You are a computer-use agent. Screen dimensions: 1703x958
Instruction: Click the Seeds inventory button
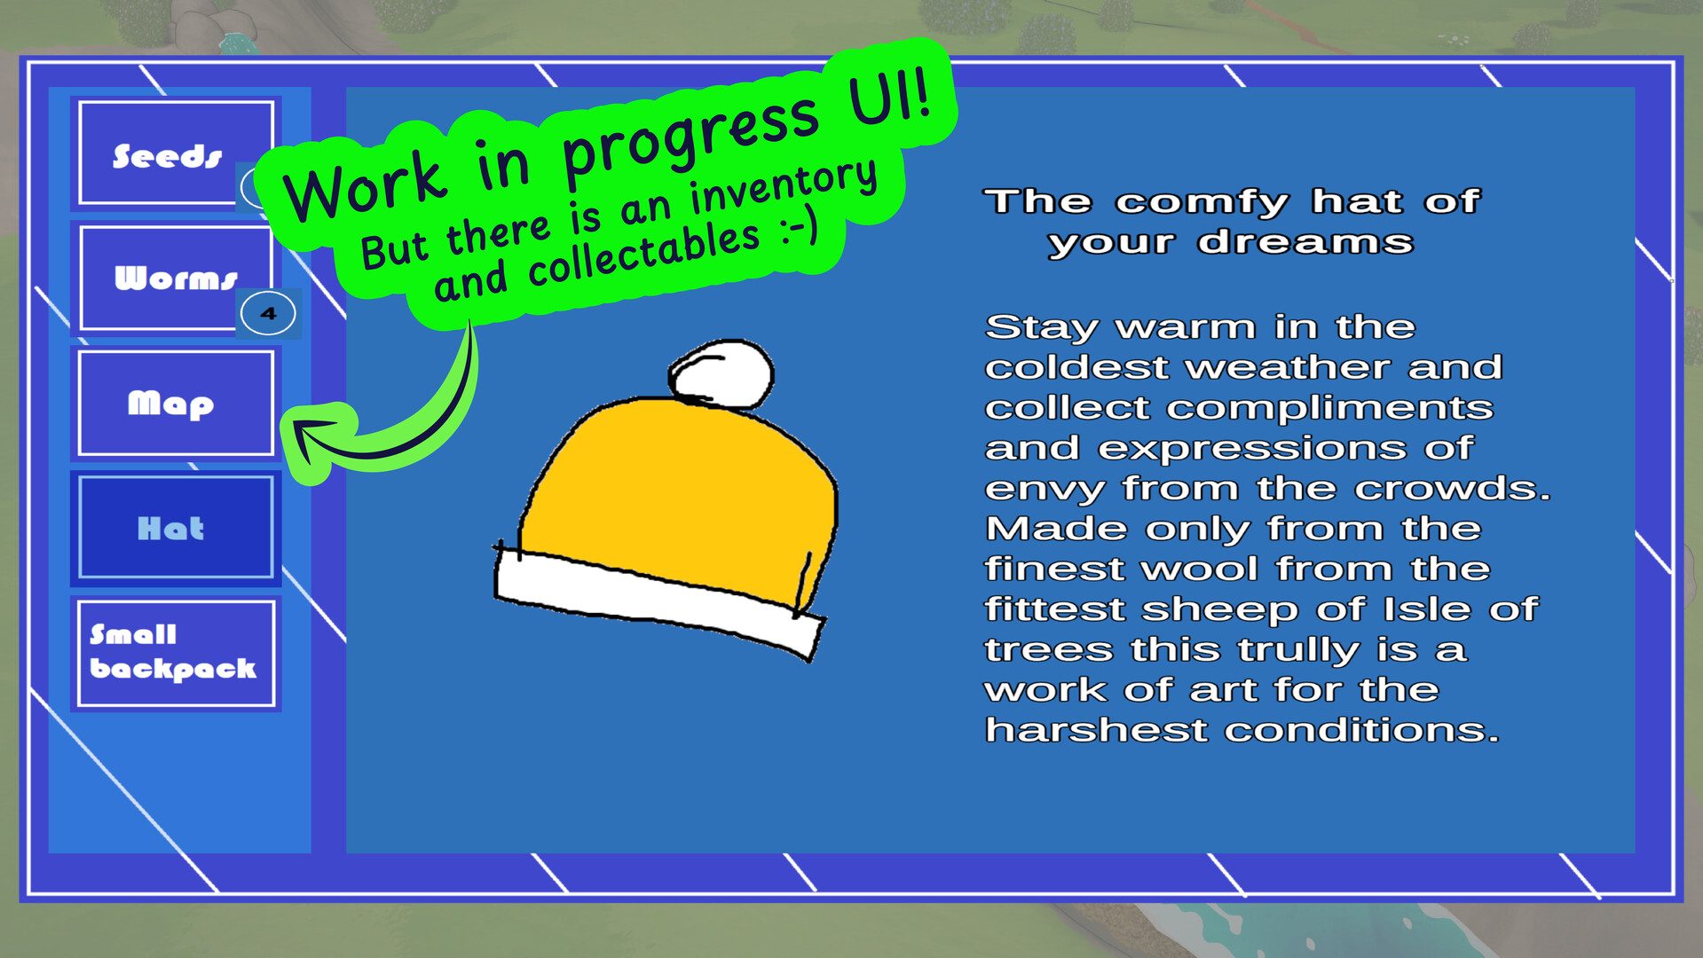176,153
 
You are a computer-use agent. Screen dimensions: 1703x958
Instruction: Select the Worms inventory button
176,278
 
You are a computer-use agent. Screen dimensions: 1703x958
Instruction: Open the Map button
176,403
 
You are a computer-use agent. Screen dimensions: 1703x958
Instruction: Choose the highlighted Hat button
176,528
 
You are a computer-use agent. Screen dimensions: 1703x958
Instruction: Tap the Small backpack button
176,654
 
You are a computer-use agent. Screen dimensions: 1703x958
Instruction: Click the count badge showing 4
268,313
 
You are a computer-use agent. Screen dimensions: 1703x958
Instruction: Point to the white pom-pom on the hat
721,373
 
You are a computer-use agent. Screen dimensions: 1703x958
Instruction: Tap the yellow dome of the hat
679,488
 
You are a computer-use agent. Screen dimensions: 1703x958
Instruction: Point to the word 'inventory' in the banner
784,187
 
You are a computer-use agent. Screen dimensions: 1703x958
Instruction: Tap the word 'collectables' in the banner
643,255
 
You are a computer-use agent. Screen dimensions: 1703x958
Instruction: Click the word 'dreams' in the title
1305,242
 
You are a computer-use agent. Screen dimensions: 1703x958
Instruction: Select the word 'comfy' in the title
1202,202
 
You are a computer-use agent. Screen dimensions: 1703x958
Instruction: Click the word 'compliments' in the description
1329,409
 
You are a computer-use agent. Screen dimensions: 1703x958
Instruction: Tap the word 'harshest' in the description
1097,730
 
